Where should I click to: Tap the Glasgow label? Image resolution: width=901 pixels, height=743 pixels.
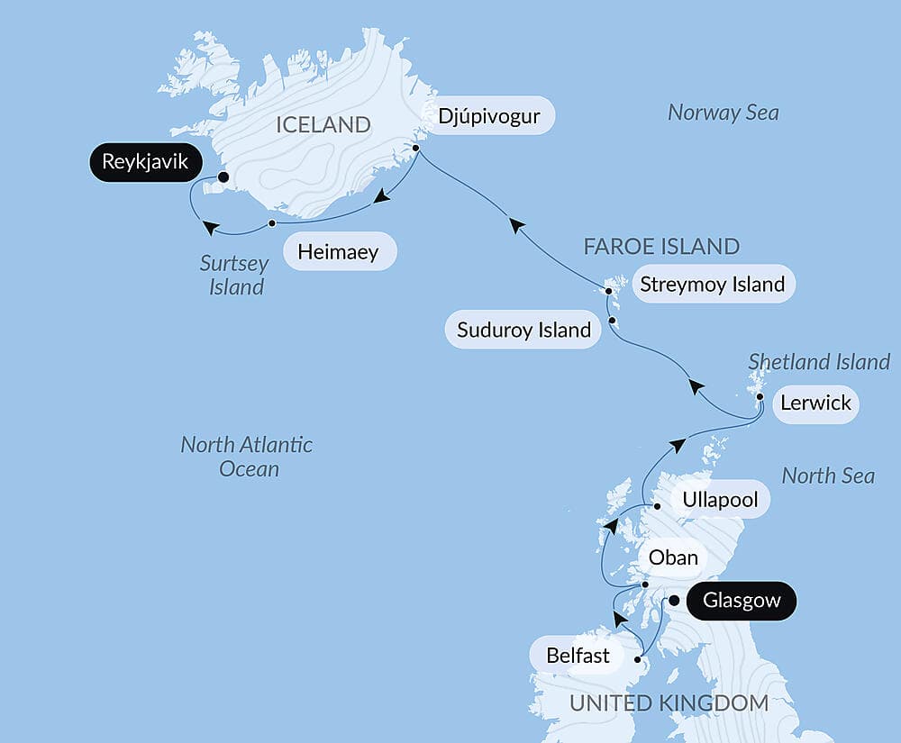(741, 601)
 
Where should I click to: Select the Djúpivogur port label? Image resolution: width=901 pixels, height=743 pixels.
(489, 116)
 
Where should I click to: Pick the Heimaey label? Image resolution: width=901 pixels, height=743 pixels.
(340, 251)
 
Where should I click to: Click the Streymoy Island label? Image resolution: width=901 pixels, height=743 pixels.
(712, 285)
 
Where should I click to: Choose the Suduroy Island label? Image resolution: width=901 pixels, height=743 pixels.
(523, 330)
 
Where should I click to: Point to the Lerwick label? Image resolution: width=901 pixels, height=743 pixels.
(816, 403)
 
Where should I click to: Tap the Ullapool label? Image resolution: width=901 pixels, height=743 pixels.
(720, 499)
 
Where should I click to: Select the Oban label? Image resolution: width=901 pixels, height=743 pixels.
(673, 557)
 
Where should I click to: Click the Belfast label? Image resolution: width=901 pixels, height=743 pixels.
(578, 656)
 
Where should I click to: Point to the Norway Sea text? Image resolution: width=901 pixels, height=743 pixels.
(724, 113)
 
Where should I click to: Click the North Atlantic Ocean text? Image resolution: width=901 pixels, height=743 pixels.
(247, 457)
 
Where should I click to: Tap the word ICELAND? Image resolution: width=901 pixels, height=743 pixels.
(323, 125)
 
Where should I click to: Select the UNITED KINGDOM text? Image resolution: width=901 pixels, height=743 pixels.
(669, 703)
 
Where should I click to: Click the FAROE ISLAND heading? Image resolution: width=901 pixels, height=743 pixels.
(661, 246)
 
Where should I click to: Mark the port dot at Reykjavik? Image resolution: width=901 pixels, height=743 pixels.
(223, 177)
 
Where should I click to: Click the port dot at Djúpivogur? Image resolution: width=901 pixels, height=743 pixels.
(416, 148)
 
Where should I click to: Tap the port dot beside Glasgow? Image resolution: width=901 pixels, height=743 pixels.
(673, 601)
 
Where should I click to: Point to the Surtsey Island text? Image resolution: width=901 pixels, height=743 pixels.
(234, 276)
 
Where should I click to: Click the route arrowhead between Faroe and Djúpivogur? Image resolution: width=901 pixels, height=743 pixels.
(515, 224)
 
